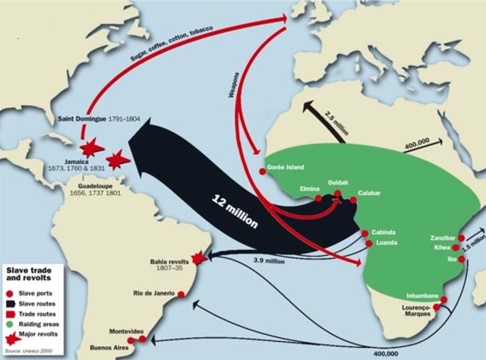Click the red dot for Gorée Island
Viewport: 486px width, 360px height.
pyautogui.click(x=263, y=172)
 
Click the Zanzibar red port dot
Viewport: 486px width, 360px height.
pyautogui.click(x=462, y=238)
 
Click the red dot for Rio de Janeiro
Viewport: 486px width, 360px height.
pyautogui.click(x=181, y=294)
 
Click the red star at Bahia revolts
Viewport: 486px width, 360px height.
pyautogui.click(x=199, y=258)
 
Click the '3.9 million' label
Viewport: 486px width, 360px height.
pyautogui.click(x=269, y=261)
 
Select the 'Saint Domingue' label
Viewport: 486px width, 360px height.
pyautogui.click(x=87, y=119)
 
